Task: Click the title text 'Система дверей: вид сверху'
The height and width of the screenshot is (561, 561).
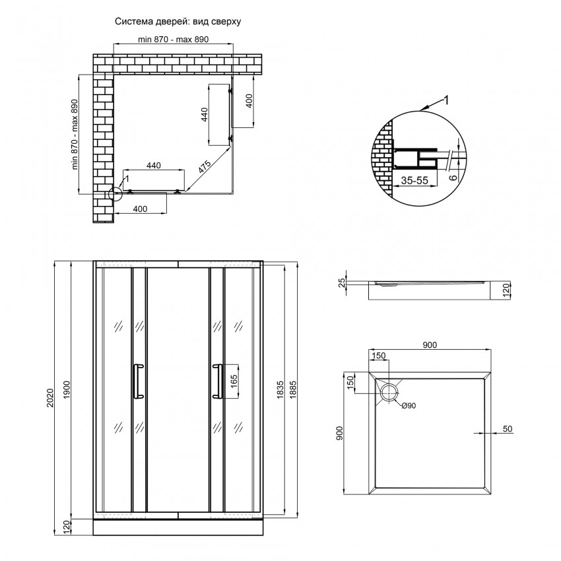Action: [x=178, y=22]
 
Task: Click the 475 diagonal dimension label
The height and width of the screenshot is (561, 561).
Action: [x=205, y=167]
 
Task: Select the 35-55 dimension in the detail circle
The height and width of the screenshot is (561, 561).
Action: [x=414, y=180]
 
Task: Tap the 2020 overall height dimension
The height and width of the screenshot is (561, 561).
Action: [x=50, y=397]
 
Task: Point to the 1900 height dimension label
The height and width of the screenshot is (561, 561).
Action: [x=67, y=391]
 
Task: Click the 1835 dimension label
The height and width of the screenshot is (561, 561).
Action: [x=280, y=389]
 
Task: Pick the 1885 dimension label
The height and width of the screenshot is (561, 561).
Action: [x=293, y=389]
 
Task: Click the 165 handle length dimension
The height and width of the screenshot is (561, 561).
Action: [x=234, y=381]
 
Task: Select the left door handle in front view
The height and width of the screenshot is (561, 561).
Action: [x=138, y=381]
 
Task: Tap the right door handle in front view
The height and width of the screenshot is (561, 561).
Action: [x=217, y=381]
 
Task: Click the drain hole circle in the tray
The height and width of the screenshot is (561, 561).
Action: [x=389, y=393]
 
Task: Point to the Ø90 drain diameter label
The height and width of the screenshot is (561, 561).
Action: [x=409, y=406]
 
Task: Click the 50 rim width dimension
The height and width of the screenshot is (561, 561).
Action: [x=508, y=428]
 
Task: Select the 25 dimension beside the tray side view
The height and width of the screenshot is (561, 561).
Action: [x=343, y=282]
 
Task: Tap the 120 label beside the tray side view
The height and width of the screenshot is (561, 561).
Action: [x=506, y=288]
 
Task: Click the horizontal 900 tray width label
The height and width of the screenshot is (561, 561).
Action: [x=430, y=345]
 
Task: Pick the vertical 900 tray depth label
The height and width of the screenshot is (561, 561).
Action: [x=339, y=433]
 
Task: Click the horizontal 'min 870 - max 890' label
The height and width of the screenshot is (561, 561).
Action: [x=173, y=40]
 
